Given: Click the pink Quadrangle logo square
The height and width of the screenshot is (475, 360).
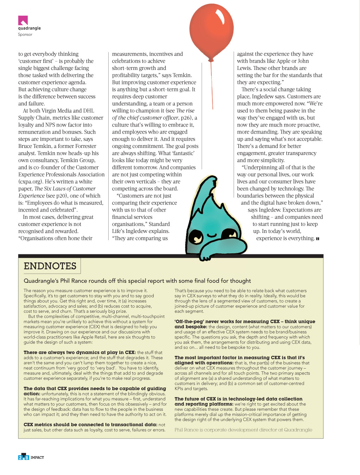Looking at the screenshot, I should (x=23, y=20).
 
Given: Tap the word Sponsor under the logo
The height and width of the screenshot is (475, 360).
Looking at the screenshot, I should (x=25, y=34).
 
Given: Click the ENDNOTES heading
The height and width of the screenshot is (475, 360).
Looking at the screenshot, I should (x=50, y=266).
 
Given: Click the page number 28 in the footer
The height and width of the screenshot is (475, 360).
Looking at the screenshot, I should (x=24, y=457).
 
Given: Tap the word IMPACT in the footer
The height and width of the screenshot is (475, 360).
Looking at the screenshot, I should (x=37, y=457).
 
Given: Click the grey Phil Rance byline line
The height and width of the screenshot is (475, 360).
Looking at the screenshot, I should (x=243, y=430).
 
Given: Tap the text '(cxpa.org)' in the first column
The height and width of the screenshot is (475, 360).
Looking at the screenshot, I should (x=31, y=182).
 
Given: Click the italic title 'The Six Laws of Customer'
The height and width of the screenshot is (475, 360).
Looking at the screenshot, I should (x=65, y=189).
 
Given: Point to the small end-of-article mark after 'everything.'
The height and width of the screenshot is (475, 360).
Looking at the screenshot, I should (x=317, y=239).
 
